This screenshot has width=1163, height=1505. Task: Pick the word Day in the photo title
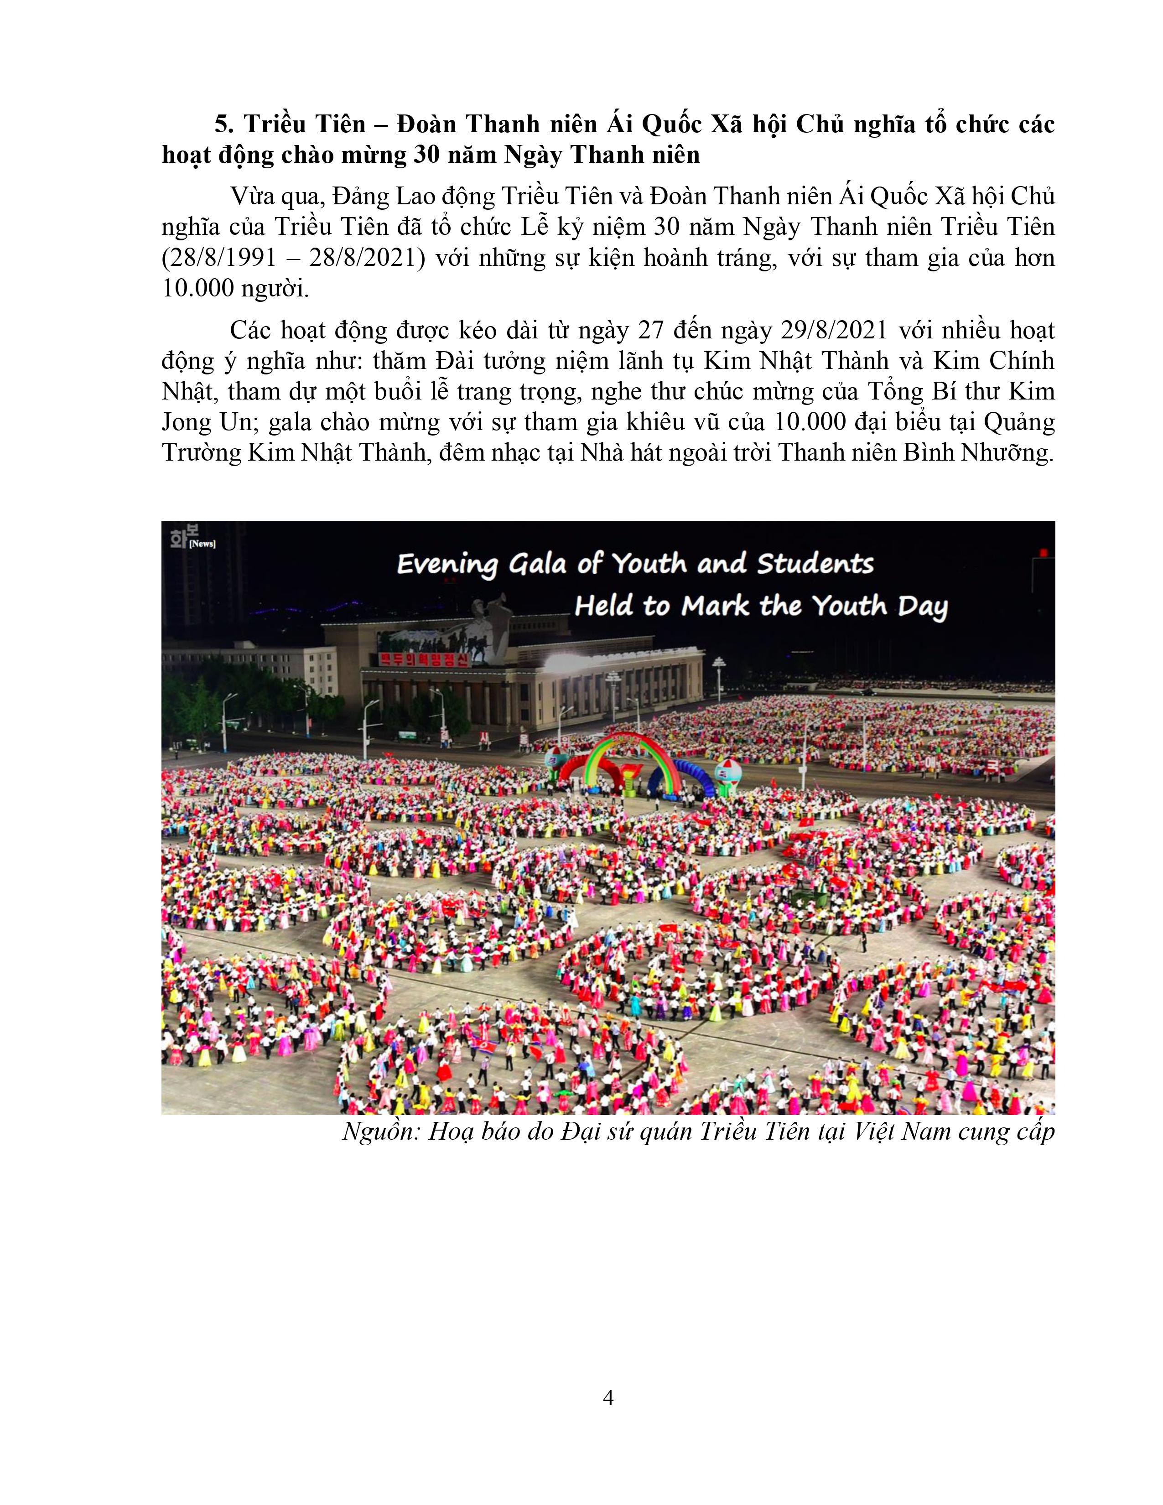point(923,607)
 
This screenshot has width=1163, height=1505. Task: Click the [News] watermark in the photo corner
point(202,544)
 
